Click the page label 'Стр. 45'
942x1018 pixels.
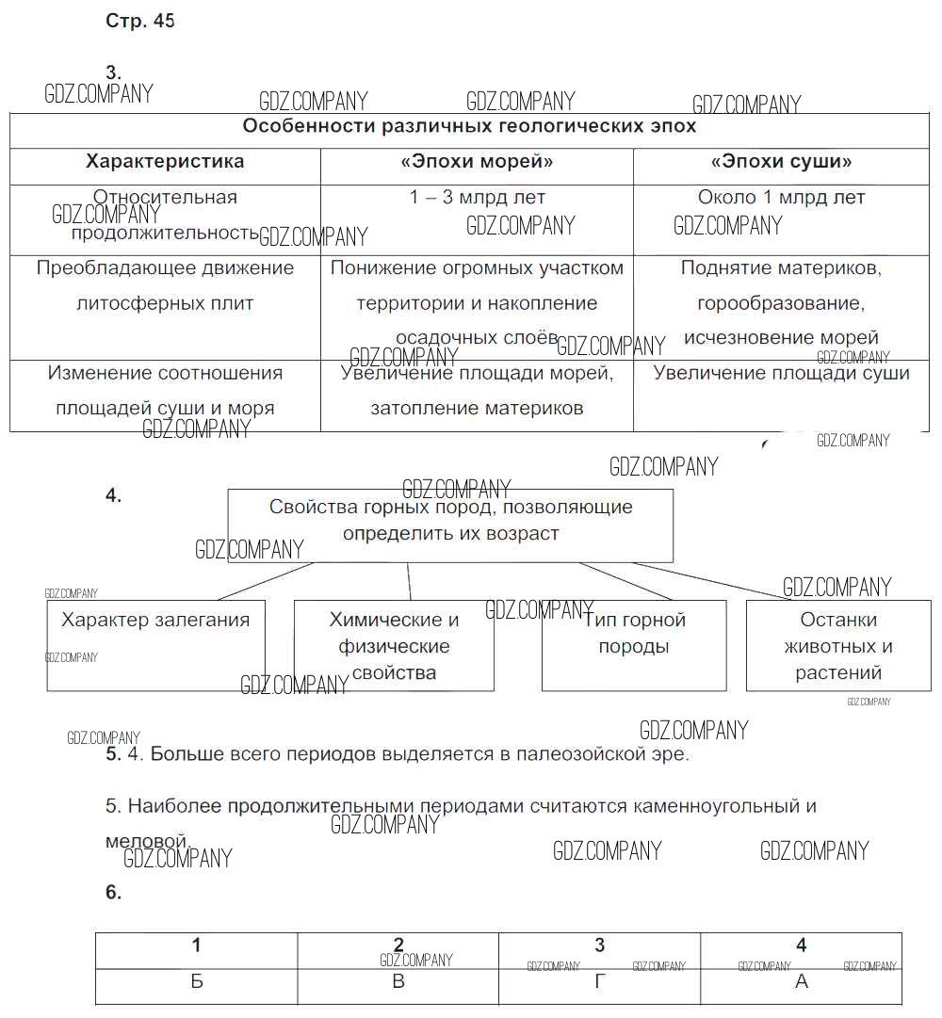[x=139, y=22]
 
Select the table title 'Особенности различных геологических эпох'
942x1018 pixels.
[x=469, y=126]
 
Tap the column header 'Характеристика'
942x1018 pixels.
[x=165, y=161]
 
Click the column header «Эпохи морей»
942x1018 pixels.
[x=477, y=161]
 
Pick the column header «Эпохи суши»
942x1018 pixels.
[x=781, y=161]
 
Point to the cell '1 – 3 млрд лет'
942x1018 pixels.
[x=477, y=198]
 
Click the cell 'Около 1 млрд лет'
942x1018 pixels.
[x=781, y=198]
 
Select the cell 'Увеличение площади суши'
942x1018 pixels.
[x=781, y=373]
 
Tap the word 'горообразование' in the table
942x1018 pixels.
[x=781, y=303]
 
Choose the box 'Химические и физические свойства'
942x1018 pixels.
[x=394, y=646]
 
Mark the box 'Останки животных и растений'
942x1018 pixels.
[x=838, y=646]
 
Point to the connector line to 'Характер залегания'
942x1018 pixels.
[x=266, y=581]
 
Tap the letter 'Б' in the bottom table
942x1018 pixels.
[x=196, y=981]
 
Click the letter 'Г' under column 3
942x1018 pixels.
[x=600, y=981]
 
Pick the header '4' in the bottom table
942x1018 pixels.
[x=802, y=945]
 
